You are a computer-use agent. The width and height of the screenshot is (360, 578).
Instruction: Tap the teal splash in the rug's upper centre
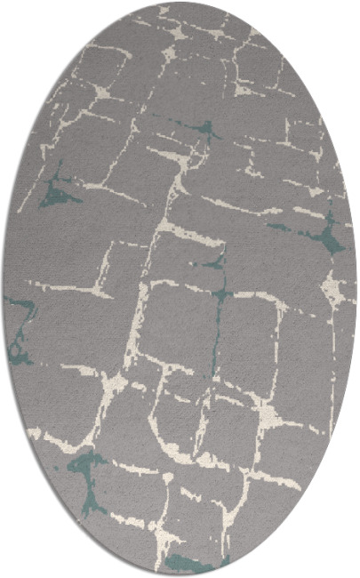point(206,130)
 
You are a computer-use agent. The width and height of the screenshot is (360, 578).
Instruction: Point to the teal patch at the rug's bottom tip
point(187,562)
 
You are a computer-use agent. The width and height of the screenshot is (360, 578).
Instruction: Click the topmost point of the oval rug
point(180,3)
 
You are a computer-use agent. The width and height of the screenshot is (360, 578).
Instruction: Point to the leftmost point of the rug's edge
point(3,289)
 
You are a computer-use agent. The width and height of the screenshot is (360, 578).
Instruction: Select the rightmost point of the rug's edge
point(357,289)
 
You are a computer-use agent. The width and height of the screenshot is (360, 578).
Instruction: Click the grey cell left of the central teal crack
point(178,320)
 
